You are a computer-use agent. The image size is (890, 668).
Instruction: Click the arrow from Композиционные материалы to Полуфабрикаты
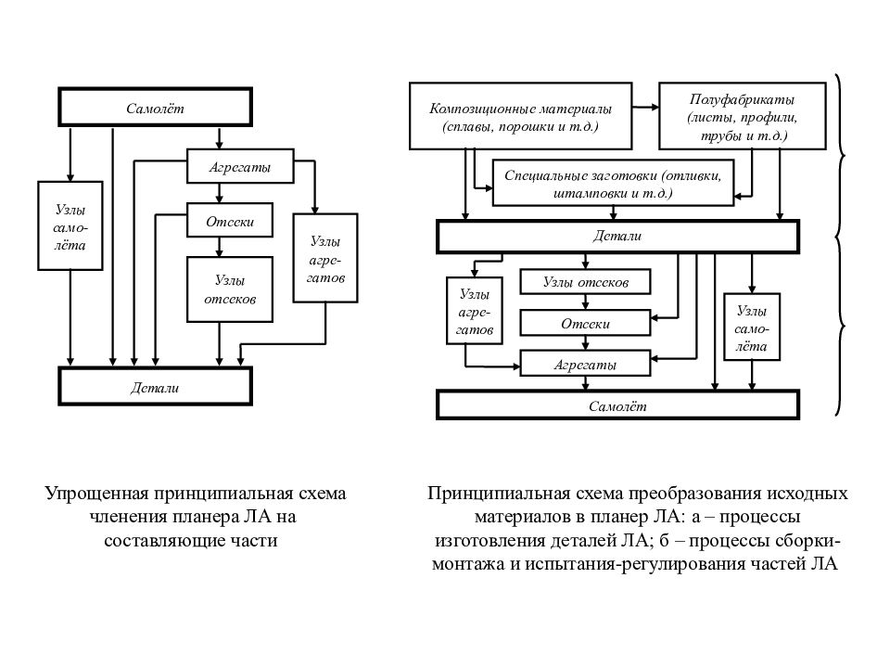pos(646,107)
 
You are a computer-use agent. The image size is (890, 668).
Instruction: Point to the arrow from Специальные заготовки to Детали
pos(613,213)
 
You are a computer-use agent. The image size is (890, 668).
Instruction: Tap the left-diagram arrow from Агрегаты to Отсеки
pos(220,193)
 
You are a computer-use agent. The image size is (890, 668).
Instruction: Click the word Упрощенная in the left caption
pos(96,493)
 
